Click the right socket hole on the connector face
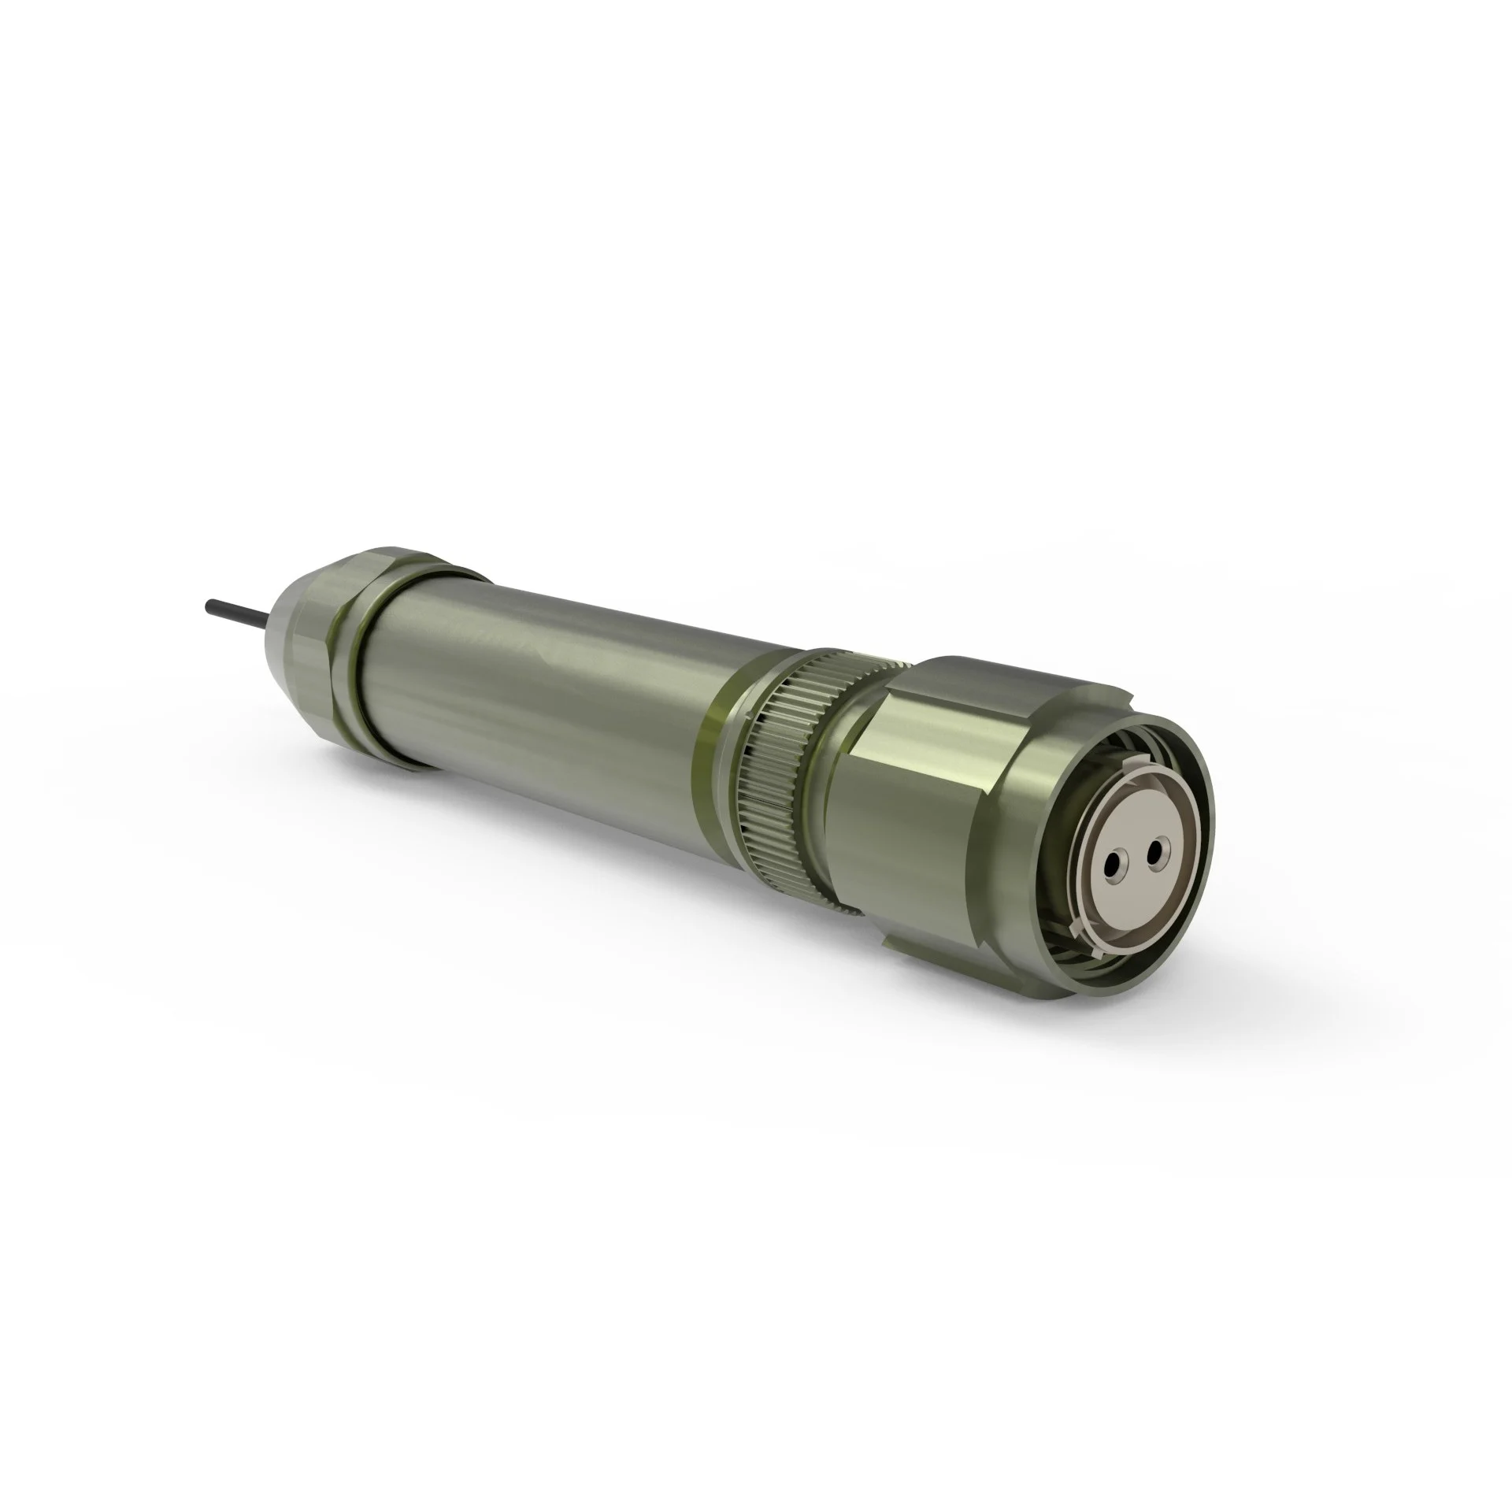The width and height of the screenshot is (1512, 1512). tap(1154, 850)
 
